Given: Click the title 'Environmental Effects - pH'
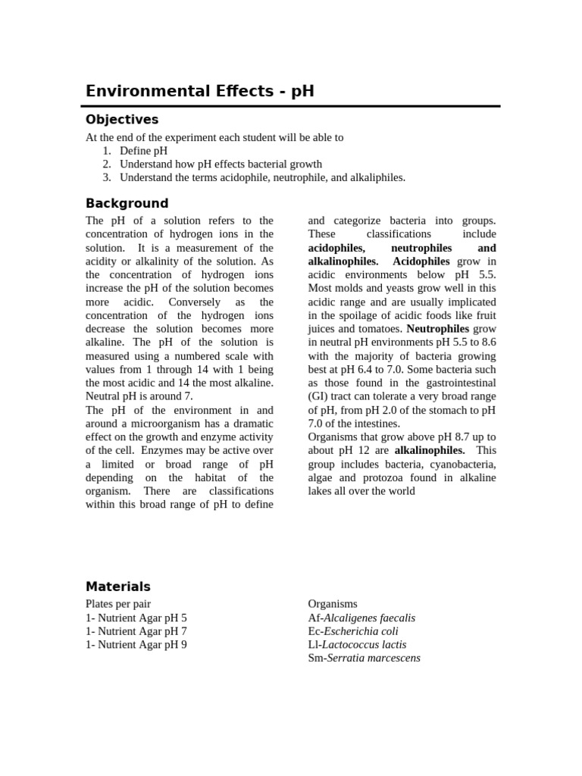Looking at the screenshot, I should pos(199,92).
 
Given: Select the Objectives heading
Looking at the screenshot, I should pos(122,120).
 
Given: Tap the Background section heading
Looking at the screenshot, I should pos(127,203).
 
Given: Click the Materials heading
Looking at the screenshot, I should pos(118,587).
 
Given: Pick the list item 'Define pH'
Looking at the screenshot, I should pos(143,151).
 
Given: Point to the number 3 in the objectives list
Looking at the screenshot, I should pos(107,177).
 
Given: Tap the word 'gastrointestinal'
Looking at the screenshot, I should pos(454,383).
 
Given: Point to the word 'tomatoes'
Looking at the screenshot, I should pos(376,329).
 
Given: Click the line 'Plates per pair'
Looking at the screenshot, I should pos(118,604).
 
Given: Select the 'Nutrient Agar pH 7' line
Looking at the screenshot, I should pos(136,631).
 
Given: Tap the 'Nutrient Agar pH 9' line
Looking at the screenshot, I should pos(136,645).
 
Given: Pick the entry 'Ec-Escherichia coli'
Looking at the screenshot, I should pos(353,631).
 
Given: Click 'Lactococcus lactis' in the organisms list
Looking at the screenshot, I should pos(364,645).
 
